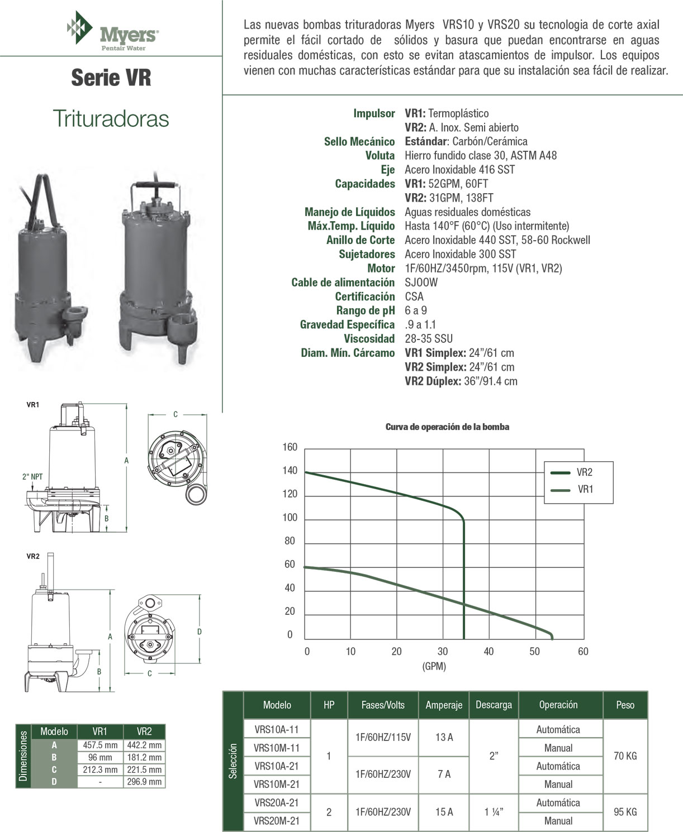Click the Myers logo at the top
tap(112, 31)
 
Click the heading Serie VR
tap(111, 78)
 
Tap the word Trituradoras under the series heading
tap(111, 118)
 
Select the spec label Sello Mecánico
tap(359, 142)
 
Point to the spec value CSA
tap(414, 297)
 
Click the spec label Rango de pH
tap(365, 310)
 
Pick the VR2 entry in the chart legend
tap(584, 472)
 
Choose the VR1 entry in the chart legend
tap(585, 490)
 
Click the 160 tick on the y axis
tap(290, 447)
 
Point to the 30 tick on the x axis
tap(442, 652)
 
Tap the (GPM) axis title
tap(434, 666)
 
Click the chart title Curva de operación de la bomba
tap(447, 427)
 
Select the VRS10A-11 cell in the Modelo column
tap(277, 729)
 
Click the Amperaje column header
tap(444, 705)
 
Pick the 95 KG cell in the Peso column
tap(625, 812)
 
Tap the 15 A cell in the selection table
tap(444, 812)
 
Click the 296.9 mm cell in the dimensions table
tap(144, 782)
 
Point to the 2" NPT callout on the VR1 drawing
tap(32, 477)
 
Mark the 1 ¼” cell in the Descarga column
tap(494, 812)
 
